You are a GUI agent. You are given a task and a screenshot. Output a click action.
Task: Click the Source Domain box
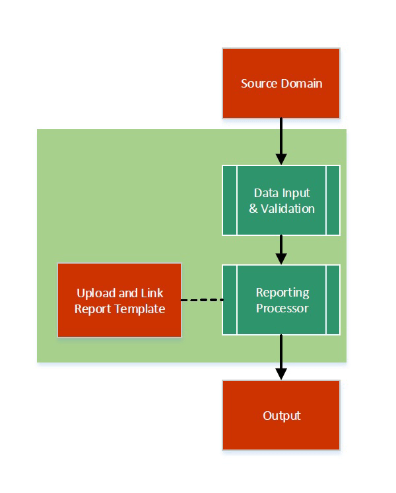pyautogui.click(x=281, y=83)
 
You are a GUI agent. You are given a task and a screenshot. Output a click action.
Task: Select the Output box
pyautogui.click(x=281, y=415)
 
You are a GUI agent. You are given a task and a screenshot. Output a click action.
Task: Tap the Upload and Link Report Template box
pyautogui.click(x=119, y=301)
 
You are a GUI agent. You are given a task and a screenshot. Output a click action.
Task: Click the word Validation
pyautogui.click(x=287, y=209)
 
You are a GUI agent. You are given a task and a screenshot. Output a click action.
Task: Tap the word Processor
pyautogui.click(x=282, y=308)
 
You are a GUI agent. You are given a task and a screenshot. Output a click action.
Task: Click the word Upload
pyautogui.click(x=96, y=293)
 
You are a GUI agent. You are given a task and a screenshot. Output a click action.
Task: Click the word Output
pyautogui.click(x=282, y=416)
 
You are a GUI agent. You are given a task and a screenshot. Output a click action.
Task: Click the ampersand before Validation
pyautogui.click(x=253, y=209)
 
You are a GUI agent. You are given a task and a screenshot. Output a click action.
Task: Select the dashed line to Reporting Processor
pyautogui.click(x=202, y=300)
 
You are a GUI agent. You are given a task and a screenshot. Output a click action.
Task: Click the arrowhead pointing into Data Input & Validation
pyautogui.click(x=281, y=159)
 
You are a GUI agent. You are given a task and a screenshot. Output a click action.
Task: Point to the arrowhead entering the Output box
pyautogui.click(x=281, y=374)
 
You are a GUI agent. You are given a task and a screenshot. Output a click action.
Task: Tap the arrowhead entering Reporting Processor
pyautogui.click(x=281, y=258)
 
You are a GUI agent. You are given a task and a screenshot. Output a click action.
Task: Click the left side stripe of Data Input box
pyautogui.click(x=230, y=200)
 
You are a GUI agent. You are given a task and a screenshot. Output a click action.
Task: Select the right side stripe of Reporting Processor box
pyautogui.click(x=333, y=300)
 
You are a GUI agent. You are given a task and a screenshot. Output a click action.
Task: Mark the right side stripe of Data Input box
pyautogui.click(x=333, y=200)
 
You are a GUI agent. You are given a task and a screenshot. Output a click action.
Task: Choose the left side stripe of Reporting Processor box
pyautogui.click(x=230, y=300)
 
